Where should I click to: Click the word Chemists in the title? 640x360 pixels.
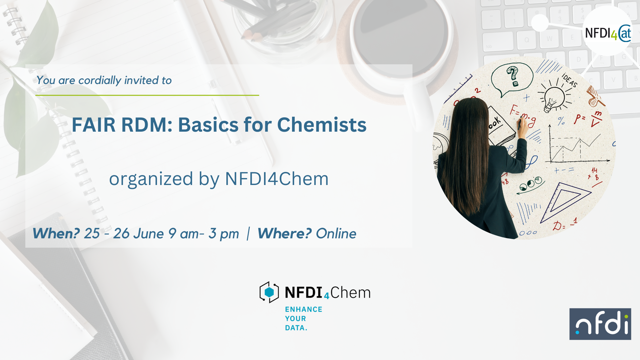[x=322, y=125]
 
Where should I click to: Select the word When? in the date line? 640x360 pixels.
[x=56, y=233]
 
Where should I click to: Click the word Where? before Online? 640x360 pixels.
[x=284, y=233]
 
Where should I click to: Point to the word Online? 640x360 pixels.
[x=336, y=234]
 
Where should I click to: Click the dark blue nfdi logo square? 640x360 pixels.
[x=600, y=324]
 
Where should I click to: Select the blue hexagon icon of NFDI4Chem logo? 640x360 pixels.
[x=269, y=292]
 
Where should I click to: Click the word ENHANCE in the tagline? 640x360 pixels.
[x=303, y=309]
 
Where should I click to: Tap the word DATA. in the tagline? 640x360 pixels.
[x=296, y=328]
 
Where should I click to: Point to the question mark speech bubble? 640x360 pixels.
[x=512, y=79]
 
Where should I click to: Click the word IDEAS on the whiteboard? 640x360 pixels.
[x=569, y=80]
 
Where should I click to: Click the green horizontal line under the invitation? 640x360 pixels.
[x=147, y=95]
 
